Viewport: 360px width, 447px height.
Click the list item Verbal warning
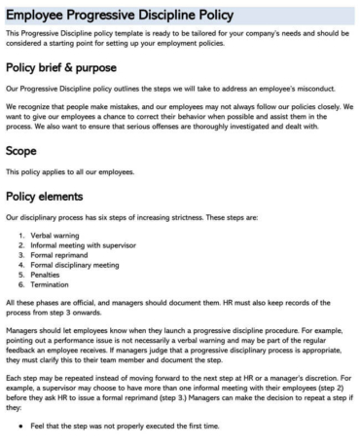click(x=59, y=238)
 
